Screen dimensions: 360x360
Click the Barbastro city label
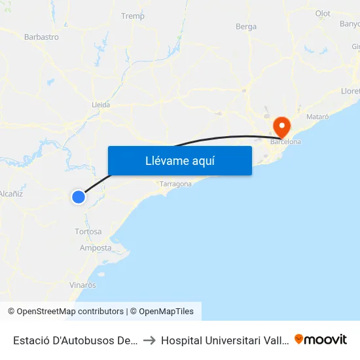click(x=41, y=37)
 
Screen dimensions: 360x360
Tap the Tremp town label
click(x=133, y=16)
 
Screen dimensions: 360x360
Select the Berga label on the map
click(x=246, y=26)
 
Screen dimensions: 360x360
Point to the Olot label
click(x=323, y=13)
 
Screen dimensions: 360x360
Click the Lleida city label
click(x=101, y=104)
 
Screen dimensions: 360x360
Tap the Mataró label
click(x=317, y=116)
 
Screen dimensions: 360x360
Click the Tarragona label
click(x=176, y=185)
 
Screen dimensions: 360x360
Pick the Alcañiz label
click(x=11, y=194)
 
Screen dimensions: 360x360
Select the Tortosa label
click(x=88, y=232)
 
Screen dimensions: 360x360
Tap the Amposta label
click(x=96, y=248)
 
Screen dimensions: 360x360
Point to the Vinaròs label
click(x=82, y=285)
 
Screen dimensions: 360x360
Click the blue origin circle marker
click(x=79, y=196)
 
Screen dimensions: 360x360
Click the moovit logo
click(x=321, y=339)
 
